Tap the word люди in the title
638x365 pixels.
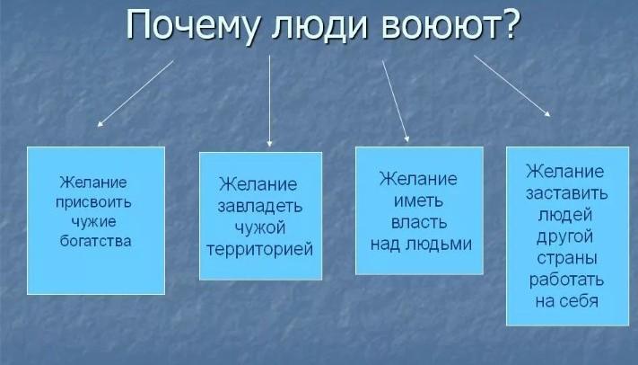coord(319,26)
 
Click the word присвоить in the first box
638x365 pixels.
coord(93,202)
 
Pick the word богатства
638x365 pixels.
coord(96,241)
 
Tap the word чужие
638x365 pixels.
coord(94,221)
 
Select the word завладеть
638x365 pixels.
coord(260,207)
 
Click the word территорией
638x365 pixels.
coord(260,249)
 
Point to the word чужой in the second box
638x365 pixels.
coord(260,227)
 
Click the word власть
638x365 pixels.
coord(419,222)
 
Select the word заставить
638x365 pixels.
coord(567,193)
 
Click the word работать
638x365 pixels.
coord(566,280)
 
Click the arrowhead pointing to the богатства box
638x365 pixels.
coord(101,123)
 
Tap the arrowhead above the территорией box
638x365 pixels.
coord(269,144)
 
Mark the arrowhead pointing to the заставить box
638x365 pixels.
coord(547,114)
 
